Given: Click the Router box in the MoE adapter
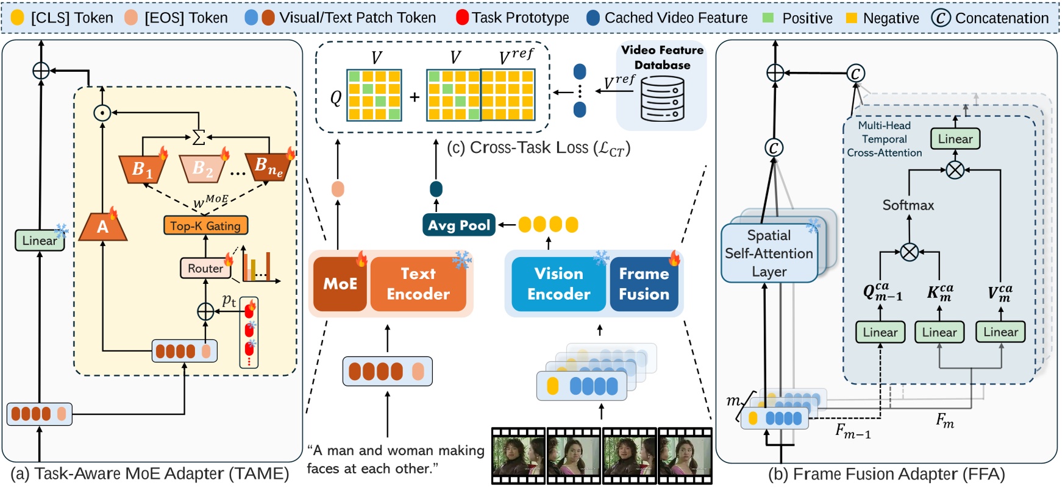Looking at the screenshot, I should [205, 268].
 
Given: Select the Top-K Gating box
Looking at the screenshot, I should [205, 225].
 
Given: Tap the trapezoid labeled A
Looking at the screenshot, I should [103, 227].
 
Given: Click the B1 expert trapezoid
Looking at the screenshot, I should [143, 168].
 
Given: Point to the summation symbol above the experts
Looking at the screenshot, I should [198, 137].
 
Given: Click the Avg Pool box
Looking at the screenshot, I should [458, 225].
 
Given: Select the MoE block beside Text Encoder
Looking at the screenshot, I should [340, 283].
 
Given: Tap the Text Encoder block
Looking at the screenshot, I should [418, 283].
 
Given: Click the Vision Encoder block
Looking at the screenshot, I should [558, 283].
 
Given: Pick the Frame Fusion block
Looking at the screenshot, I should [644, 283].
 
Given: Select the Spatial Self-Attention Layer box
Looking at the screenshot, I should [769, 253].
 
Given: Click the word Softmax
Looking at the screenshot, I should [908, 205].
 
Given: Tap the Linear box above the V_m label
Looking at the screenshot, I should [1000, 332].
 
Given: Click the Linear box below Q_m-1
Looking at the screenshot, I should [880, 332].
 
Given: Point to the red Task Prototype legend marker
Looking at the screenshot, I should [462, 18].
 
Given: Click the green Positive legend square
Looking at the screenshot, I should [768, 18].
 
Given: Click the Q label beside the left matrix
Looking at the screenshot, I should [336, 97].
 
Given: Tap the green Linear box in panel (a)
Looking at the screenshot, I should [40, 240].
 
